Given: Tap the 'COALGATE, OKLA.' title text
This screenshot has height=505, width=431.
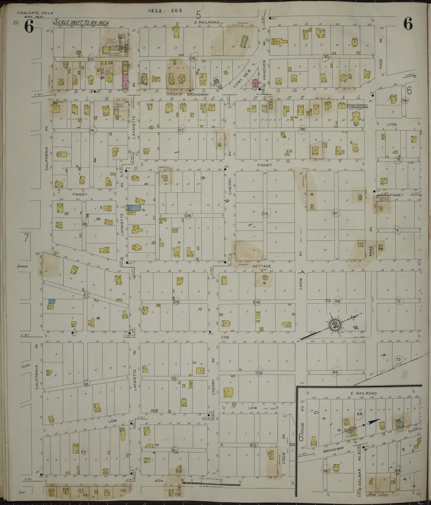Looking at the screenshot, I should (x=35, y=13).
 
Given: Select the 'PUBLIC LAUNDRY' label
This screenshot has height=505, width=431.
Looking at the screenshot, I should (x=119, y=106).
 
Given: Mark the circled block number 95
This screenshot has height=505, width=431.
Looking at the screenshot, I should (x=326, y=57).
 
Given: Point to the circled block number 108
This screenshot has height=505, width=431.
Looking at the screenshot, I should (x=188, y=215).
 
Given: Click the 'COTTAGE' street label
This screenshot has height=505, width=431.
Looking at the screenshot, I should (x=262, y=266).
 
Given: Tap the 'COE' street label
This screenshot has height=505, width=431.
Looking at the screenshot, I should (x=224, y=337).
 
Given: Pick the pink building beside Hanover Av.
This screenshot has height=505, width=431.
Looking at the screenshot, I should (x=256, y=83).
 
